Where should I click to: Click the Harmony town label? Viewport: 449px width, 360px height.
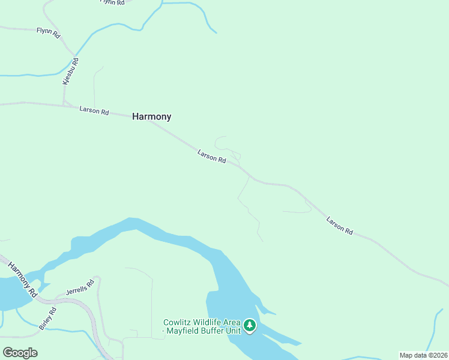click(151, 117)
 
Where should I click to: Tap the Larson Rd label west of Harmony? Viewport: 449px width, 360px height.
click(94, 111)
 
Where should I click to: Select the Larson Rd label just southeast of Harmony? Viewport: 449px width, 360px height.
click(211, 157)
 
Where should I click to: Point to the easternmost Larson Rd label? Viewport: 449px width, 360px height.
click(340, 225)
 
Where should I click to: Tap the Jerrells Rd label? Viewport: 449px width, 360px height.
click(80, 286)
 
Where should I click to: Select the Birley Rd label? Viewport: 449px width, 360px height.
click(47, 318)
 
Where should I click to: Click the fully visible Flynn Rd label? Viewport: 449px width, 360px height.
click(49, 32)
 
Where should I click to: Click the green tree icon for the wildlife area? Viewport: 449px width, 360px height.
click(250, 326)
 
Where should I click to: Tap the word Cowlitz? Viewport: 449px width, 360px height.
click(178, 322)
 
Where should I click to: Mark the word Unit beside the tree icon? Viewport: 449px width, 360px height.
click(234, 331)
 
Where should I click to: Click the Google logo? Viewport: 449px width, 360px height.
click(20, 352)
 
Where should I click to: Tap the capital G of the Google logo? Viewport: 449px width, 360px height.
click(7, 352)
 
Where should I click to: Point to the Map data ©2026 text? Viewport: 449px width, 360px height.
click(423, 355)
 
